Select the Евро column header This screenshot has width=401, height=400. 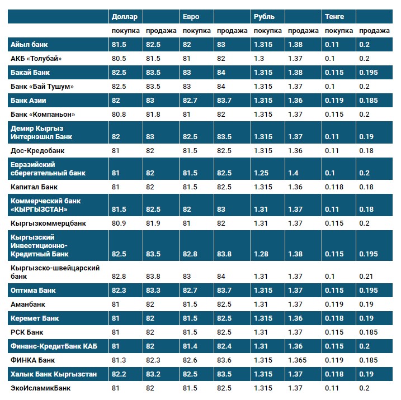[191, 17]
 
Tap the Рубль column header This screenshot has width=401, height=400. [264, 17]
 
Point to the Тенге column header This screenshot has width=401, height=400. [334, 17]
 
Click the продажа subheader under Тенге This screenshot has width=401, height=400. [374, 31]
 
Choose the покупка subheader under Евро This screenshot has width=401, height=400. [197, 31]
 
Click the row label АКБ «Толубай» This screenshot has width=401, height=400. [36, 59]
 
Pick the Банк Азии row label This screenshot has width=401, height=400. [29, 101]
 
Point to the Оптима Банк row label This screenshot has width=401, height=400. [34, 291]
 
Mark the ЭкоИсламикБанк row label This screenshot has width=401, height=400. [41, 388]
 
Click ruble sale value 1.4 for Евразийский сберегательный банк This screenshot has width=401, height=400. [293, 173]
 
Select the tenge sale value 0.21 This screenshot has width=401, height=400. [365, 277]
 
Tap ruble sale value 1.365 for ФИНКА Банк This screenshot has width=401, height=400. [298, 360]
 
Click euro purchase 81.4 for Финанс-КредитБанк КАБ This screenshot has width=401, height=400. [191, 346]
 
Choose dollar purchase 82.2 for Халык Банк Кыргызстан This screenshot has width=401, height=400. [120, 374]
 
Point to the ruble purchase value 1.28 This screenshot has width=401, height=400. [261, 254]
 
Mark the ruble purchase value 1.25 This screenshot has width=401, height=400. [261, 173]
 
